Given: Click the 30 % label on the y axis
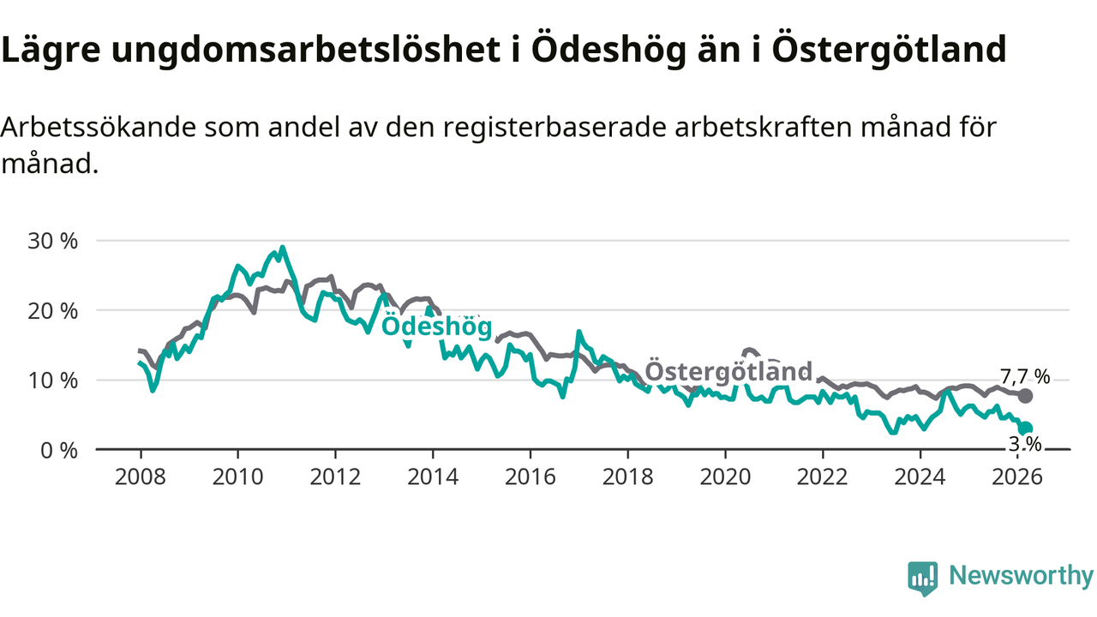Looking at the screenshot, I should (x=53, y=241).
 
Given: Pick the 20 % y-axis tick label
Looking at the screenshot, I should (x=53, y=310).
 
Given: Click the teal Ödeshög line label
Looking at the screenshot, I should (x=436, y=326).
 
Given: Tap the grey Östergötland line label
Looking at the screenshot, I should (x=728, y=371).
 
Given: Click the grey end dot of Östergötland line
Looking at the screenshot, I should (x=1025, y=396).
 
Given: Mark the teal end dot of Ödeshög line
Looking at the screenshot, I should (x=1026, y=428).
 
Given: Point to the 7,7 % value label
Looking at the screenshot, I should (x=1025, y=376).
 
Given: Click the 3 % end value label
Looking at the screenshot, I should (x=1024, y=444).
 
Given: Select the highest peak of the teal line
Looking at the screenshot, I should (x=282, y=248).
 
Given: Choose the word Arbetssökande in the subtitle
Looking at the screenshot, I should (x=100, y=127).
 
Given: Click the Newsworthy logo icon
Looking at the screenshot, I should (x=922, y=578).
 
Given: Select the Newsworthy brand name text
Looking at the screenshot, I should (x=1021, y=576).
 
